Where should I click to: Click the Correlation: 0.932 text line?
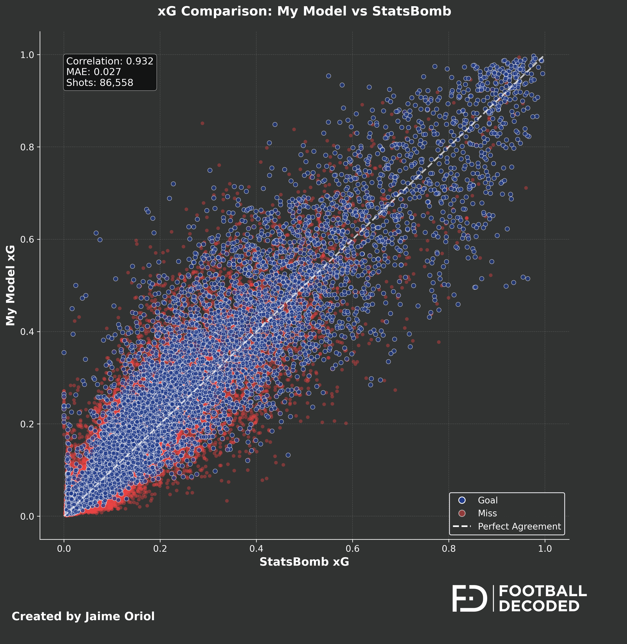click(x=110, y=61)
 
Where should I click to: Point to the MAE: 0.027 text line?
click(x=93, y=72)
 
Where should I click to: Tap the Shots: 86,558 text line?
click(x=100, y=83)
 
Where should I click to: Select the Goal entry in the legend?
click(x=487, y=500)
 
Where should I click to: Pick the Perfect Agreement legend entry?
click(x=519, y=527)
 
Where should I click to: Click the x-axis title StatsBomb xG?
click(x=304, y=562)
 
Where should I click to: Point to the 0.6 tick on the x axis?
click(x=352, y=549)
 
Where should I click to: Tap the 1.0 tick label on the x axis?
click(x=545, y=549)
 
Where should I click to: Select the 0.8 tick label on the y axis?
click(x=27, y=147)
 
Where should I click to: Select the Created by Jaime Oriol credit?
click(x=83, y=616)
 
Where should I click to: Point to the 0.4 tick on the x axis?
click(x=256, y=549)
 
